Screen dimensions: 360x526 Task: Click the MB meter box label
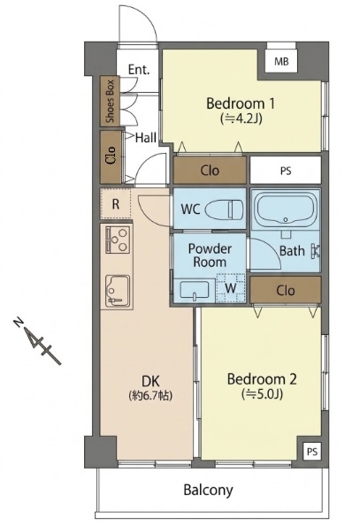(x=281, y=61)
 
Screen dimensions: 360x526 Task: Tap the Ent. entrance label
(x=139, y=70)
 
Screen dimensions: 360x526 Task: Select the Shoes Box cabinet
(x=110, y=102)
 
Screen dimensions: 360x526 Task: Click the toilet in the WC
(x=225, y=210)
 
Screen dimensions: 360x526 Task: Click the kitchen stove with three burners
(x=118, y=240)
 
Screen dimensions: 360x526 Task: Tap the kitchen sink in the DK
(x=118, y=291)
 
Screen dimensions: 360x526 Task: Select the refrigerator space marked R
(x=115, y=203)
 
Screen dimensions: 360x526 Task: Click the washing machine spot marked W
(x=231, y=288)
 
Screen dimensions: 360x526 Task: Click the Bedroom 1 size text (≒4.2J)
(x=241, y=118)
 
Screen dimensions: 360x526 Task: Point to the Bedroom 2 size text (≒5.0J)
(x=263, y=394)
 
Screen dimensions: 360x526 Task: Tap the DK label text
(x=150, y=381)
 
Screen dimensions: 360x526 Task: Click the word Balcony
(x=208, y=490)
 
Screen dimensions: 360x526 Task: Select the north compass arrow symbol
(x=37, y=340)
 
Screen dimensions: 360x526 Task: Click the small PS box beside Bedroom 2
(x=312, y=452)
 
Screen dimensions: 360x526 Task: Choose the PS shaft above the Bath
(x=286, y=171)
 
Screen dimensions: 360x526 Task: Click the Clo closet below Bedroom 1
(x=210, y=171)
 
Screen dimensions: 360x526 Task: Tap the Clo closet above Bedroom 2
(x=286, y=290)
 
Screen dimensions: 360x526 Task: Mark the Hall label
(x=146, y=138)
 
